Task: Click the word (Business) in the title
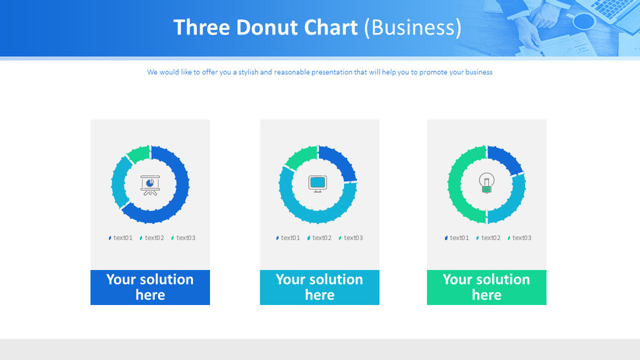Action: click(413, 28)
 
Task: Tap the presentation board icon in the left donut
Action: click(150, 185)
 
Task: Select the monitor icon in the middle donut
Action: click(317, 183)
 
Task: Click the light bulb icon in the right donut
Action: click(486, 183)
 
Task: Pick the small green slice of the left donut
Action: click(137, 154)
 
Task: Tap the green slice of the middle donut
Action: click(300, 157)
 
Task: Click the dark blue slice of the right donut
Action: click(505, 159)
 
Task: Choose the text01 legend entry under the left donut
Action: click(120, 238)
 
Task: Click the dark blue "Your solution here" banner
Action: click(150, 287)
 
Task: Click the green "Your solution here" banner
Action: click(486, 287)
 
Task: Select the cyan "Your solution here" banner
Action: click(319, 287)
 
